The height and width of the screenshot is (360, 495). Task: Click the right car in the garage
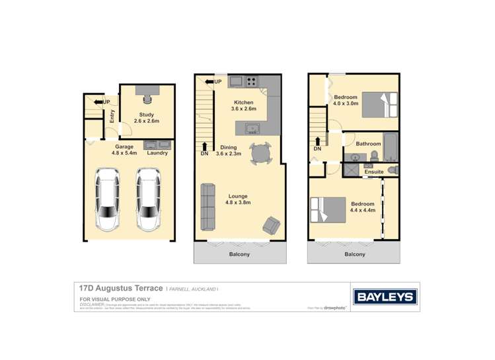pyautogui.click(x=149, y=198)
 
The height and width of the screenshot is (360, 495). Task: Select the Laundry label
pyautogui.click(x=157, y=153)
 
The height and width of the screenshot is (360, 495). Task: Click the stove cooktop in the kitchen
pyautogui.click(x=252, y=82)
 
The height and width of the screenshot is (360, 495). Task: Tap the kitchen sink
pyautogui.click(x=252, y=128)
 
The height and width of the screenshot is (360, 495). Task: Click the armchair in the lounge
pyautogui.click(x=272, y=225)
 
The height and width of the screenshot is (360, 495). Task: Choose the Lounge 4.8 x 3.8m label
pyautogui.click(x=239, y=199)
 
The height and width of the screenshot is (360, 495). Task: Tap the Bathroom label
pyautogui.click(x=368, y=143)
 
